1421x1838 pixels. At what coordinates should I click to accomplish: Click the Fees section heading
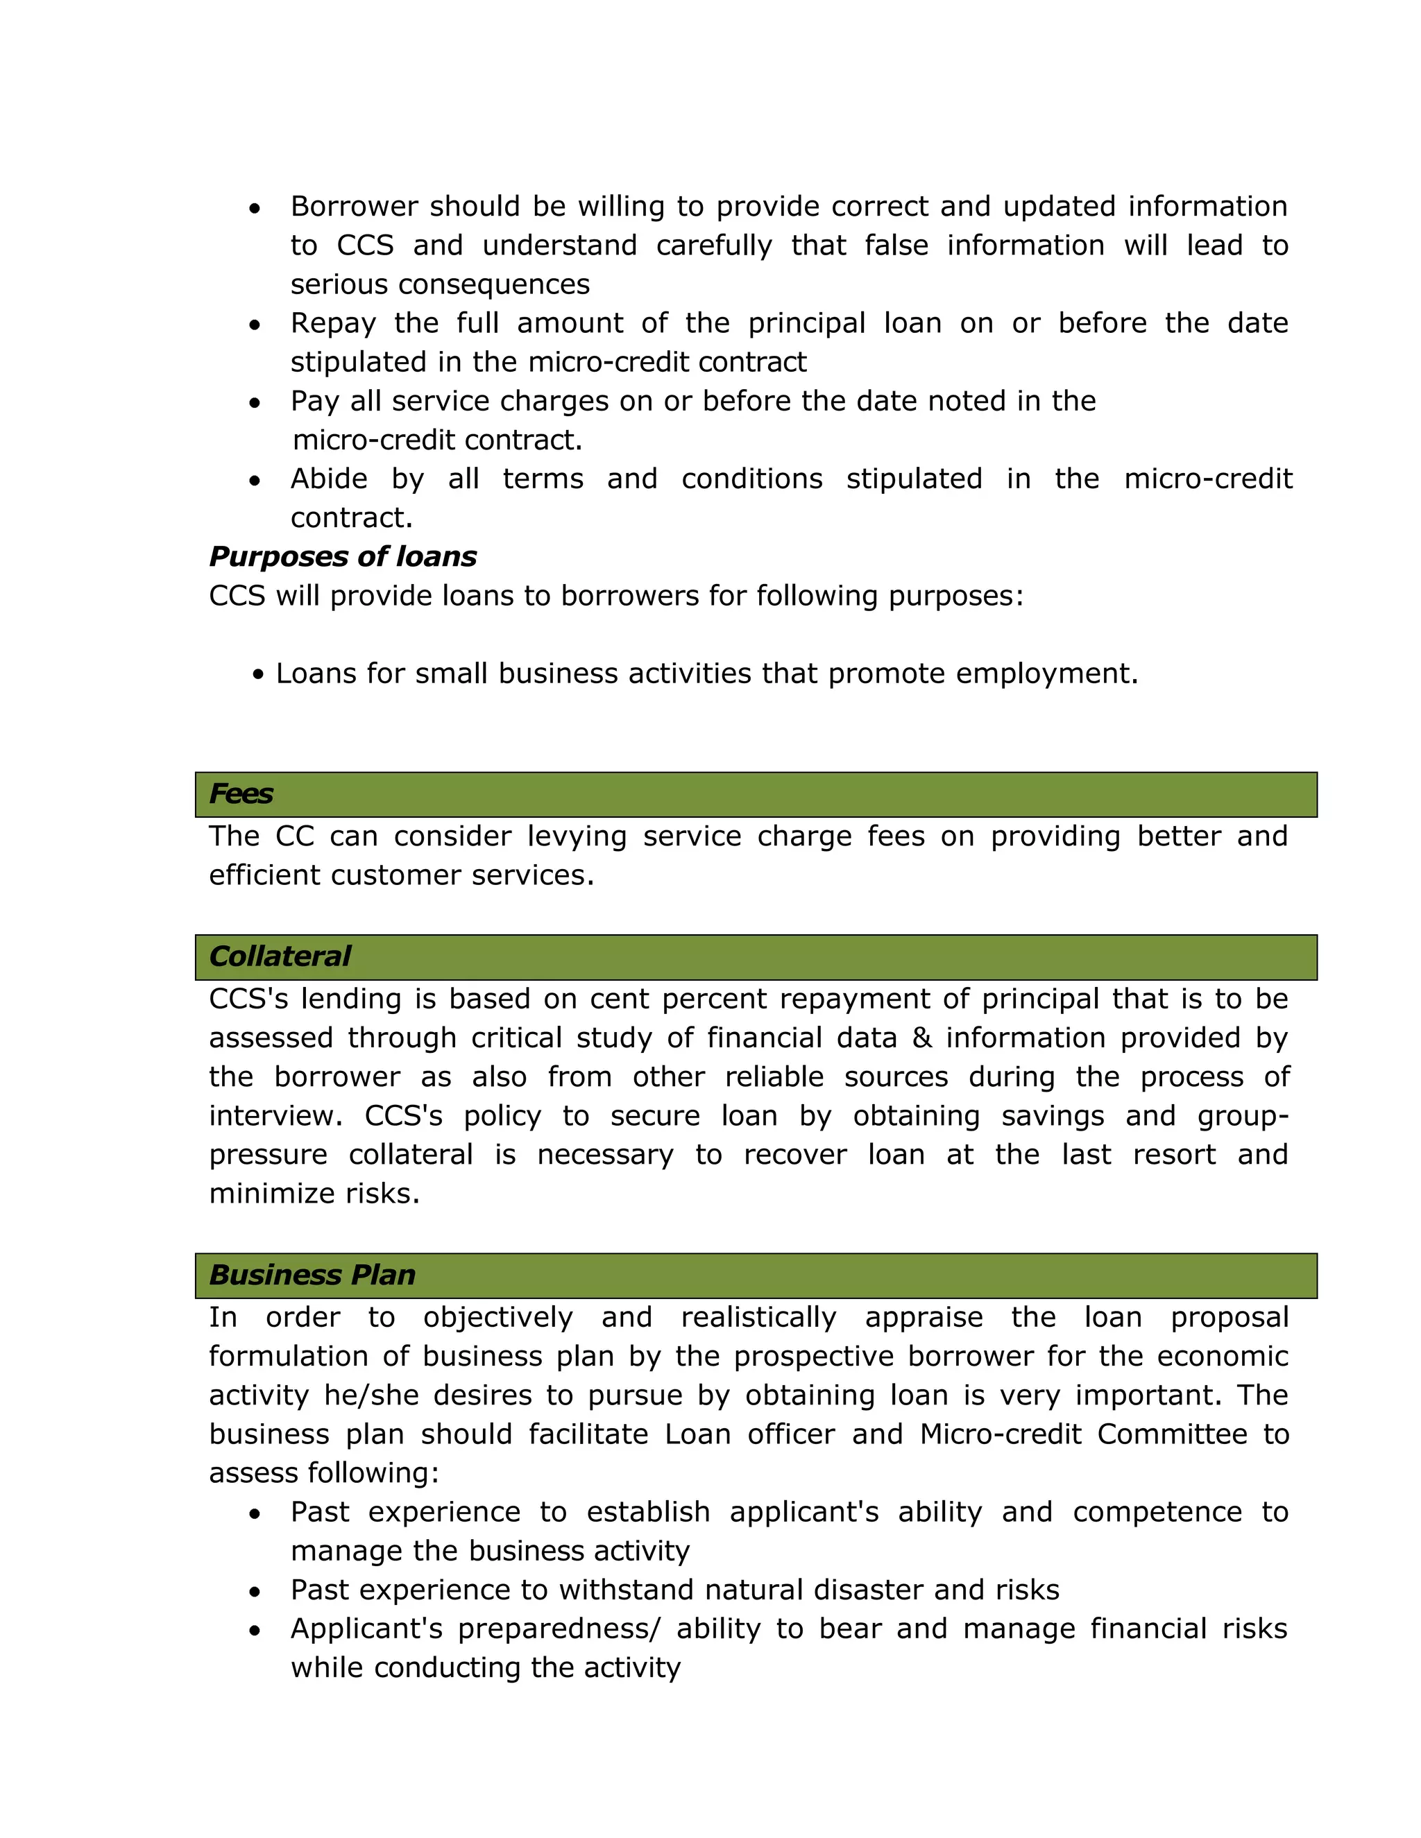(241, 793)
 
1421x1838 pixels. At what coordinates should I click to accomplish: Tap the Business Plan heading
(312, 1275)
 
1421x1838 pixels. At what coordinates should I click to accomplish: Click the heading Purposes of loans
(343, 556)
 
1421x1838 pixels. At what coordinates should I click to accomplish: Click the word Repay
(332, 323)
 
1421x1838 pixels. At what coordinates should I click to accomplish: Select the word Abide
(329, 479)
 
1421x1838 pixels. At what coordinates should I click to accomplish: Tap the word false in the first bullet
(896, 246)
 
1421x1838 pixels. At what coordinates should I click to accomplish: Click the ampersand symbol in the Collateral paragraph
(922, 1038)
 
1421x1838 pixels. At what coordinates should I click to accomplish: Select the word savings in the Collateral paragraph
(1053, 1116)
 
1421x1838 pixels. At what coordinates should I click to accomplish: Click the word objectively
(497, 1317)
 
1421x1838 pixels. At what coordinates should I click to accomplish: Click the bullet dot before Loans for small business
(258, 674)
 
